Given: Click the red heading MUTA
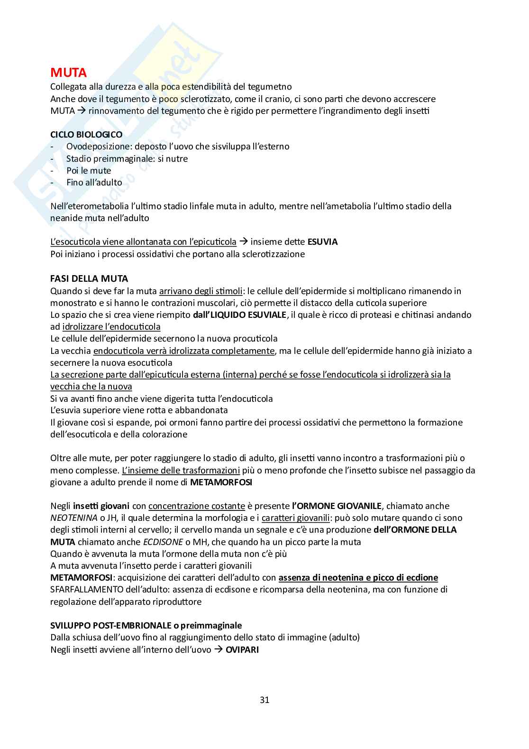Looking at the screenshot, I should (68, 73).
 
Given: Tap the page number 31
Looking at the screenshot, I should (264, 700).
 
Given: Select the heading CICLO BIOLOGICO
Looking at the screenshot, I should (86, 135).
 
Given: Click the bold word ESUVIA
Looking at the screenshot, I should (322, 242).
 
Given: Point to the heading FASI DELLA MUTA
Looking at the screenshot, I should (89, 279).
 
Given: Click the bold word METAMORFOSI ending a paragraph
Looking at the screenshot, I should (221, 482).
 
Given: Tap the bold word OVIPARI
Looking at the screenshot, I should (242, 649).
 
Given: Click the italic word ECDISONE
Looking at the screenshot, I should (163, 542).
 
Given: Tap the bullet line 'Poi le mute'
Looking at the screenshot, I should (89, 171).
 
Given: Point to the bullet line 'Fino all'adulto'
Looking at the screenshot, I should (94, 183).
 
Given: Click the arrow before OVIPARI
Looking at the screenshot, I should (218, 649).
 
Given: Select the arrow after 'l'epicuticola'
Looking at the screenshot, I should (243, 242).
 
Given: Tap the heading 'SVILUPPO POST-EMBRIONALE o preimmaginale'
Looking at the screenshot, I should (146, 626).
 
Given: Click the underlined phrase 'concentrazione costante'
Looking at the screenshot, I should (197, 506).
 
